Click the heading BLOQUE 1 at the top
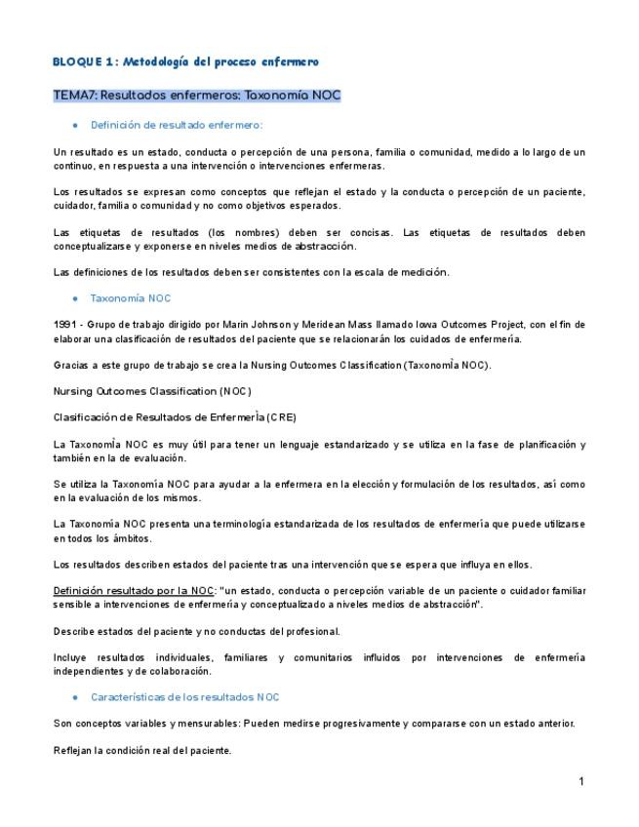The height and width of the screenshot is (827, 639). pyautogui.click(x=84, y=61)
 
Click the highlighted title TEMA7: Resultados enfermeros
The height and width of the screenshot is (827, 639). pyautogui.click(x=196, y=96)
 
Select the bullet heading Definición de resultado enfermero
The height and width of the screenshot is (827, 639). pyautogui.click(x=176, y=125)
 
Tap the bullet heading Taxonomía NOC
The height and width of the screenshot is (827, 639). pyautogui.click(x=130, y=298)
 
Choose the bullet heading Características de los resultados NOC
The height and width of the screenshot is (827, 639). pyautogui.click(x=184, y=697)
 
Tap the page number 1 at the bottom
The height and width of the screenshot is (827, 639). pyautogui.click(x=580, y=781)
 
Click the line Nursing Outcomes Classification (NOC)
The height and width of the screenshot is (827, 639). pyautogui.click(x=152, y=391)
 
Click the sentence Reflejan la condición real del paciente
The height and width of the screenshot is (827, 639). pyautogui.click(x=142, y=750)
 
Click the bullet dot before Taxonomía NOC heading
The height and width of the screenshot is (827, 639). pyautogui.click(x=75, y=298)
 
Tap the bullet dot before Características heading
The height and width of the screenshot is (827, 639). pyautogui.click(x=75, y=697)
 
